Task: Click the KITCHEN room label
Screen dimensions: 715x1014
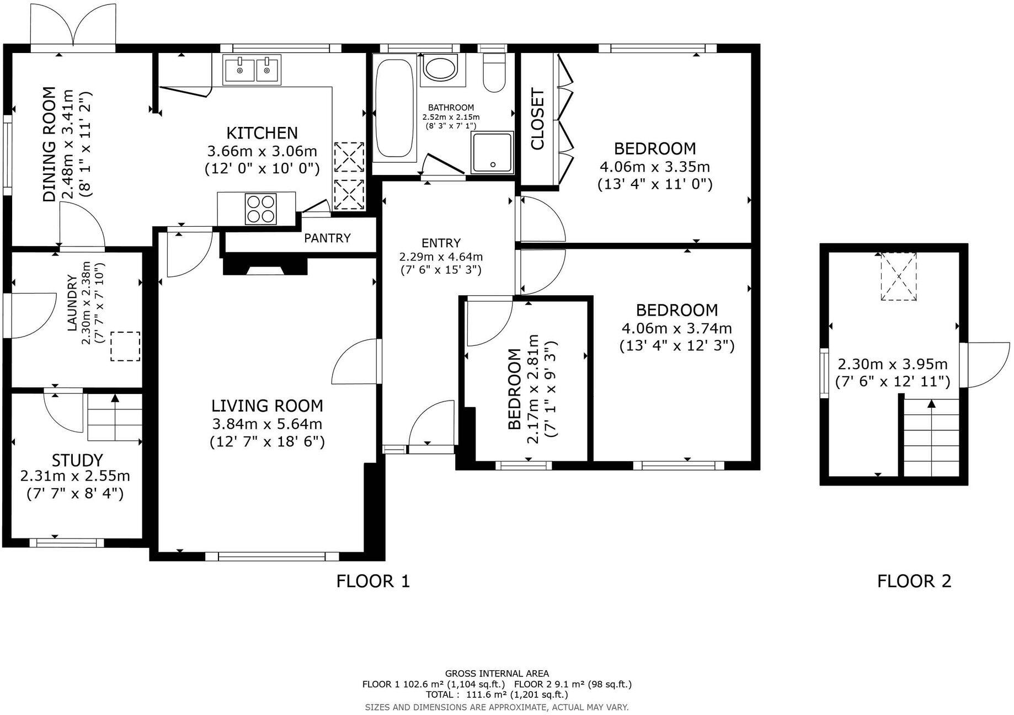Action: pyautogui.click(x=262, y=133)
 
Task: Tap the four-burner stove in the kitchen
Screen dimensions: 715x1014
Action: pyautogui.click(x=260, y=209)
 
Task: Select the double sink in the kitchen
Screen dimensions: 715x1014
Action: pyautogui.click(x=252, y=70)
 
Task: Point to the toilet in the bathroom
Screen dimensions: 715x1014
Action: pyautogui.click(x=494, y=73)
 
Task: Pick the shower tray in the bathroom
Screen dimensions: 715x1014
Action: pyautogui.click(x=492, y=152)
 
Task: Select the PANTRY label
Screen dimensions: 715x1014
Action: pyautogui.click(x=327, y=238)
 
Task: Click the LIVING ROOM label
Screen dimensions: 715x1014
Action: pyautogui.click(x=267, y=406)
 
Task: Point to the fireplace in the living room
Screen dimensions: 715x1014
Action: pyautogui.click(x=265, y=266)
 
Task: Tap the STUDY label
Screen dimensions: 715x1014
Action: pyautogui.click(x=77, y=460)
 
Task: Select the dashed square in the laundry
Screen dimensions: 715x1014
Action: pyautogui.click(x=125, y=346)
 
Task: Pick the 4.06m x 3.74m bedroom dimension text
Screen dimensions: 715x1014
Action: pyautogui.click(x=676, y=328)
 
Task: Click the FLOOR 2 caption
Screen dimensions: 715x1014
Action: pyautogui.click(x=914, y=581)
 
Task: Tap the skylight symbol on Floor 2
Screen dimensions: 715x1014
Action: pyautogui.click(x=898, y=276)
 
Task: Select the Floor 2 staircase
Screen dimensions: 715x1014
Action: pyautogui.click(x=932, y=439)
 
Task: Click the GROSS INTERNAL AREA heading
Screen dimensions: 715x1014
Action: pyautogui.click(x=497, y=673)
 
